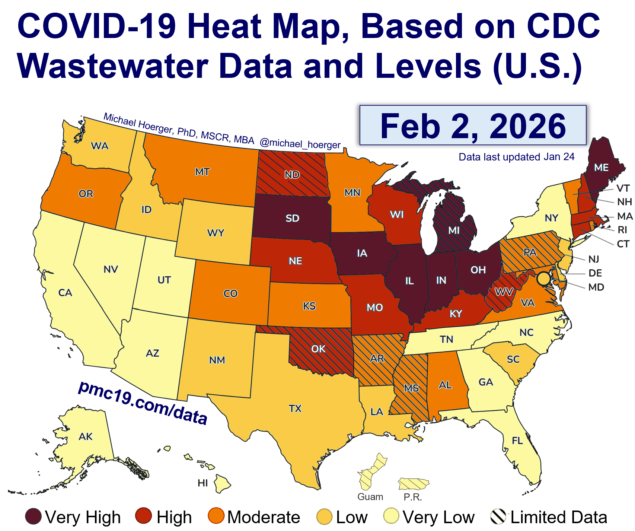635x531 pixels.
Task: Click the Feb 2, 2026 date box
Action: pos(473,125)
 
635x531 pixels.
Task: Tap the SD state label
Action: pos(292,218)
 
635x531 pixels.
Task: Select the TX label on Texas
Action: pos(295,409)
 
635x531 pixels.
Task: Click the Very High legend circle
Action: pos(33,516)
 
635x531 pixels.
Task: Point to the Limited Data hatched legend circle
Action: pos(498,516)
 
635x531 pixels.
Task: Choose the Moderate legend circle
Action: pos(216,516)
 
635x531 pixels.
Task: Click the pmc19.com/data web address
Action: pos(143,403)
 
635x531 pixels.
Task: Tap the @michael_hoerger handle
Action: pos(300,144)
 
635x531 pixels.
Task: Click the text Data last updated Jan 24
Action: pos(517,157)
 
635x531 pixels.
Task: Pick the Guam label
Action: pos(370,497)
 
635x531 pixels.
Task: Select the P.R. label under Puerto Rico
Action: pos(413,497)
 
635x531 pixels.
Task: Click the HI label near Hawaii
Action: pos(202,483)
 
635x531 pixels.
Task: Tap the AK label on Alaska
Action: pos(86,436)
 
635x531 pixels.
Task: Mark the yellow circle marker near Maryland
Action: pos(543,278)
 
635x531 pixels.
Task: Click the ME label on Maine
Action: pos(601,168)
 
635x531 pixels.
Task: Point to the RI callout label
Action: pos(622,230)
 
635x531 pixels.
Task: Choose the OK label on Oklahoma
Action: pos(318,349)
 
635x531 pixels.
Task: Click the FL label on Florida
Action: pos(517,441)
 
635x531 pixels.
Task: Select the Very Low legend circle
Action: pos(391,516)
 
